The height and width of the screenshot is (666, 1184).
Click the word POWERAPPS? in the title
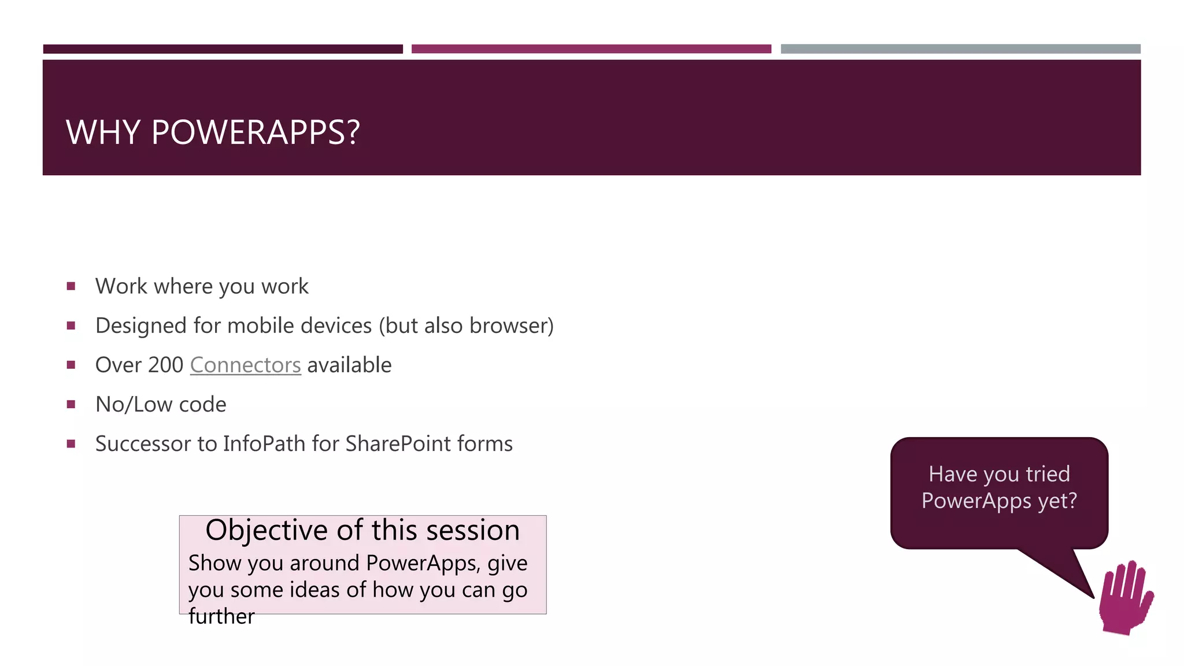coord(256,132)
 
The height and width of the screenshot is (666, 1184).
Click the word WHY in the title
coord(103,132)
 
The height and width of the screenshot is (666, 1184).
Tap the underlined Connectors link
coord(245,365)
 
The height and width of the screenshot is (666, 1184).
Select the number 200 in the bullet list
coord(165,365)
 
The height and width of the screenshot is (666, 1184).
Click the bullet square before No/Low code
coord(71,405)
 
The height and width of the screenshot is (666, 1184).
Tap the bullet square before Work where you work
coord(71,286)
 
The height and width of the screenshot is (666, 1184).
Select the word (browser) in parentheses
coord(511,326)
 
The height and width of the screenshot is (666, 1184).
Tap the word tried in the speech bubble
coord(1048,475)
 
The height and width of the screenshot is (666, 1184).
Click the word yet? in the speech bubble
coord(1057,501)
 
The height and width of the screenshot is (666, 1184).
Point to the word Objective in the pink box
coord(268,531)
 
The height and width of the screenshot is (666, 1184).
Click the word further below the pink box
coord(221,617)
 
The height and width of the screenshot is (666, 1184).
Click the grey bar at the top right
coord(960,49)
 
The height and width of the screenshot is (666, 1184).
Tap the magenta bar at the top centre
coord(591,49)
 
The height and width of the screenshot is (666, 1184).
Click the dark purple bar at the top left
coord(223,49)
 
